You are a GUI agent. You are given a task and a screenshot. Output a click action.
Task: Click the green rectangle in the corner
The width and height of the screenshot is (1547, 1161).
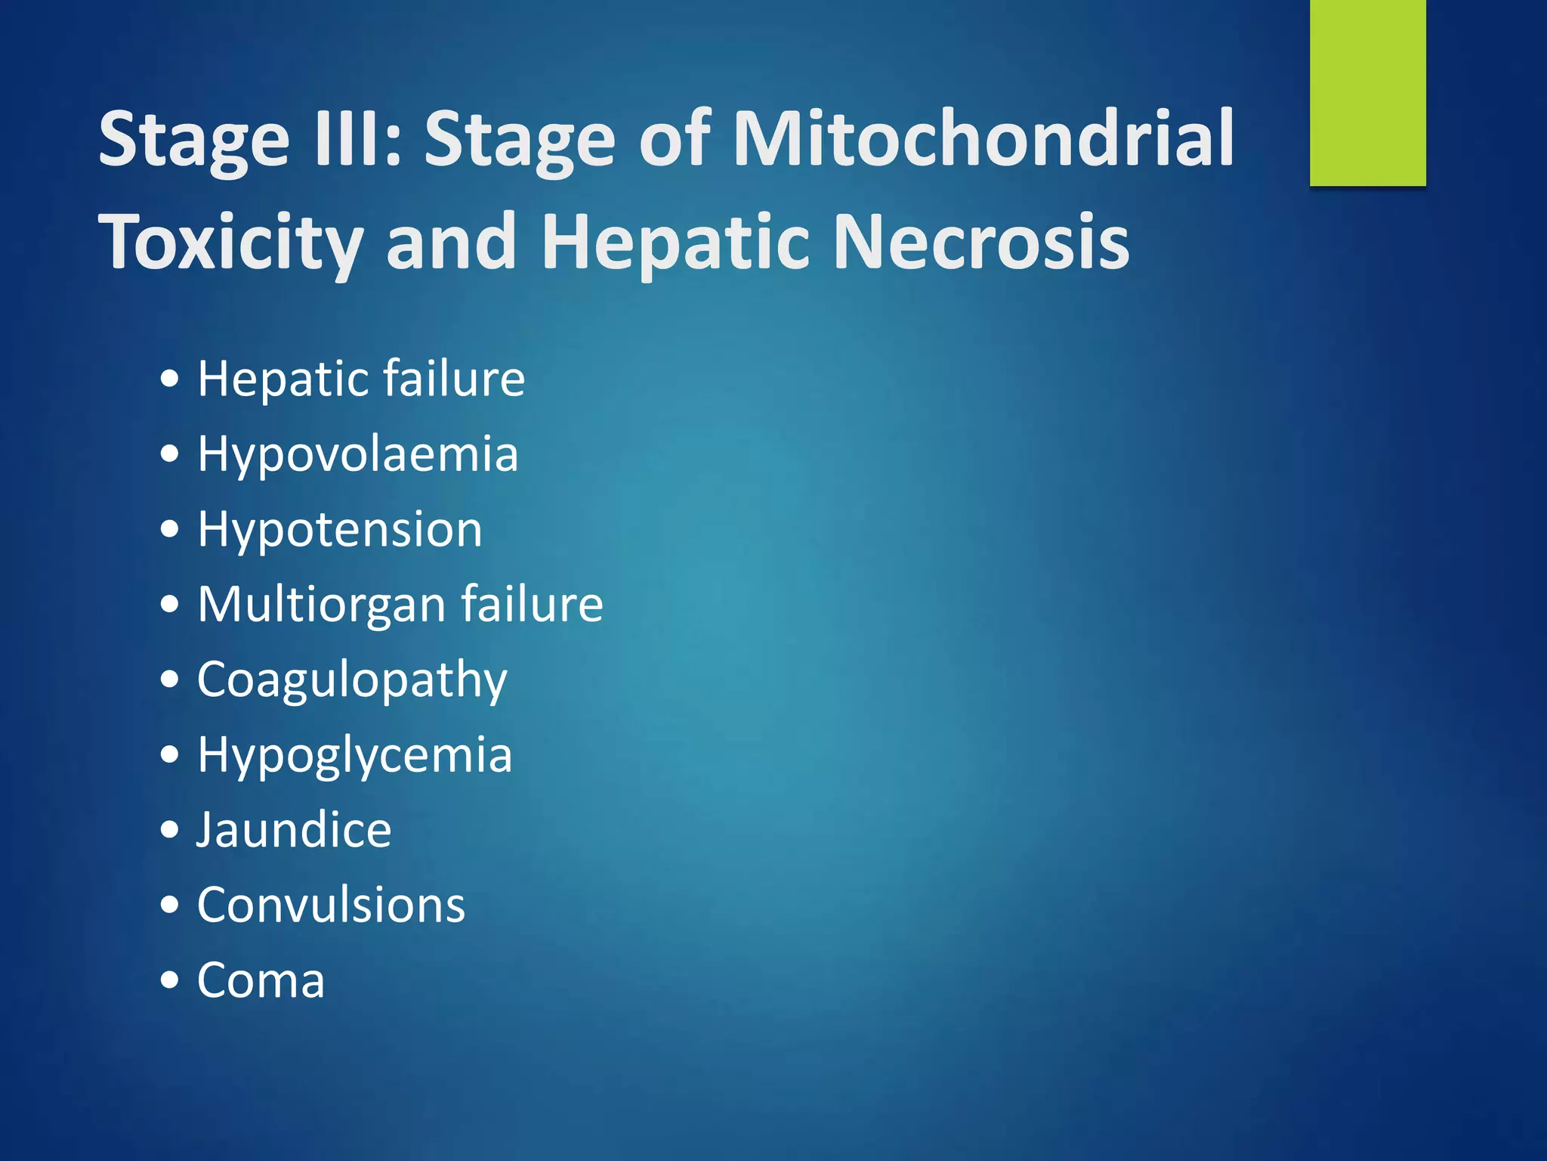[x=1367, y=92]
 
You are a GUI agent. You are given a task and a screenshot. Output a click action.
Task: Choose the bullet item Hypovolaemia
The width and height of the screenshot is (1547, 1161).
[x=357, y=455]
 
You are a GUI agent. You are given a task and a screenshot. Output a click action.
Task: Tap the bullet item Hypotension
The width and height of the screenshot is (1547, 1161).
[x=339, y=529]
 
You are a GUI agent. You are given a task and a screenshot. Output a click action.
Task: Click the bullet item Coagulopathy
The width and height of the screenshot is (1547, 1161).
[x=352, y=680]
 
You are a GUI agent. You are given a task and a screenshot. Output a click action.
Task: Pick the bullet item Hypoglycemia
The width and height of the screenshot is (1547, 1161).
[x=354, y=755]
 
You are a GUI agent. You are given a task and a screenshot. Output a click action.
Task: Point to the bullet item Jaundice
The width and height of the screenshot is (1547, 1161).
[x=294, y=830]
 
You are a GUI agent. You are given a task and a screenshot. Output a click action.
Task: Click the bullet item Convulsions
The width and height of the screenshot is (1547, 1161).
[x=331, y=905]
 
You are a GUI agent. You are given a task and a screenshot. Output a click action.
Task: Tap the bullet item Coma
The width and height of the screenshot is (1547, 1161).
[x=261, y=980]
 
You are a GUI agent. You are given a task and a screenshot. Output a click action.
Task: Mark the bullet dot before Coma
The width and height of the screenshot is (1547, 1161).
[x=171, y=980]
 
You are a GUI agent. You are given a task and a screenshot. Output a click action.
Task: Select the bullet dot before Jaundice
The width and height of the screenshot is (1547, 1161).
[x=171, y=830]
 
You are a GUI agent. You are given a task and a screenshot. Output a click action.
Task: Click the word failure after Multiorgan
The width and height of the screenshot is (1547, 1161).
[x=532, y=604]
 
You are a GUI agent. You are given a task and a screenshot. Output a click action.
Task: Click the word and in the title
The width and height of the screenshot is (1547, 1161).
[x=451, y=242]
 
